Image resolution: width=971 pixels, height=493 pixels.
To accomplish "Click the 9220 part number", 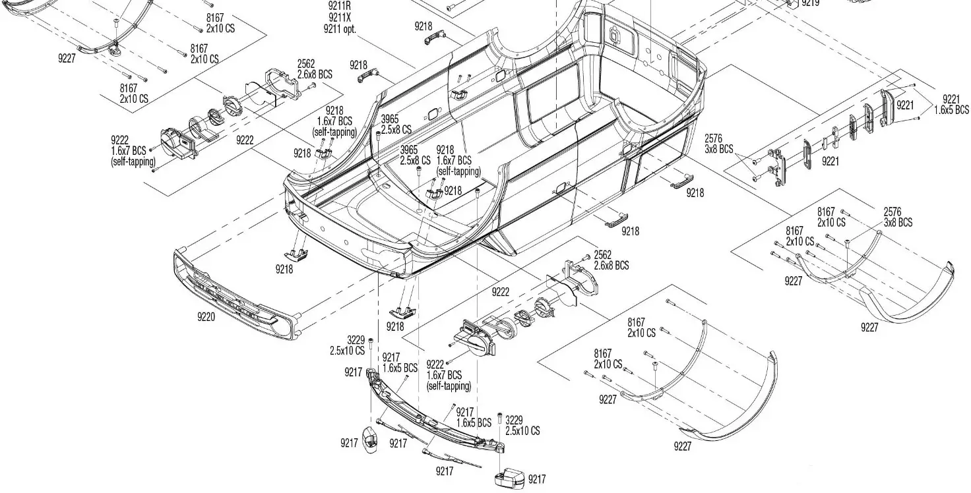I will (x=206, y=316).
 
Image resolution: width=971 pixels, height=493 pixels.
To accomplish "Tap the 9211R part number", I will (x=339, y=6).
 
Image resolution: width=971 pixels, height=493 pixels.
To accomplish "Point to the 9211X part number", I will (x=339, y=18).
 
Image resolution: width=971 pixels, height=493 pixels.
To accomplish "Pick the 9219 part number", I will (x=810, y=3).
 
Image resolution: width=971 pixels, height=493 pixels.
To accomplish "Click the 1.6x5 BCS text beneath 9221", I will (x=951, y=109).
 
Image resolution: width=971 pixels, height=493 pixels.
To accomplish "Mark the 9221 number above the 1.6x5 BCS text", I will (x=951, y=99).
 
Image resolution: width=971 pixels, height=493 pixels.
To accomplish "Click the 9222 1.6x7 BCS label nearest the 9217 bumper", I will (x=449, y=374).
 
